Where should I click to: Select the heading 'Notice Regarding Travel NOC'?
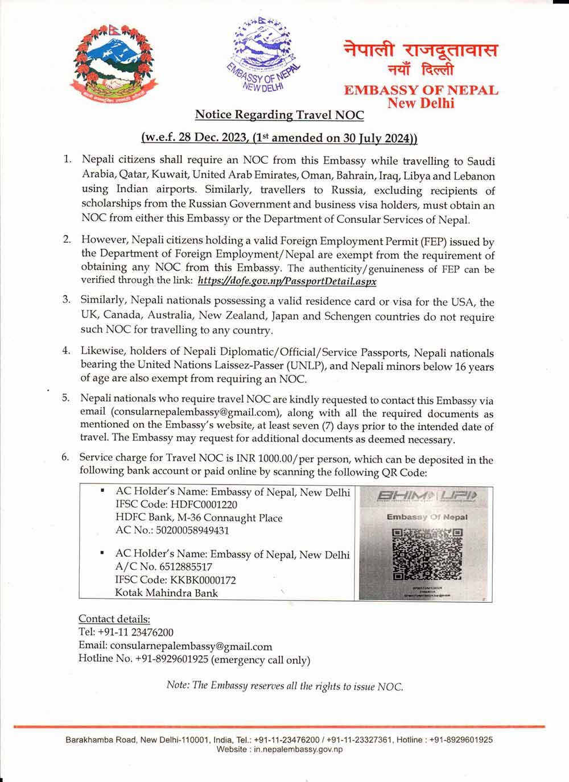pos(279,114)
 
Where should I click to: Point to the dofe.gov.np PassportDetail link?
pos(287,281)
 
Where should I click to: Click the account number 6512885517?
pos(182,566)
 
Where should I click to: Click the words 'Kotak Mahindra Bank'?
pos(166,593)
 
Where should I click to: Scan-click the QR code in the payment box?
pos(427,553)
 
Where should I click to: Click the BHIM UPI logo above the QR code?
pos(426,496)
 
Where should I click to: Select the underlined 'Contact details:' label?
pos(114,619)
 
